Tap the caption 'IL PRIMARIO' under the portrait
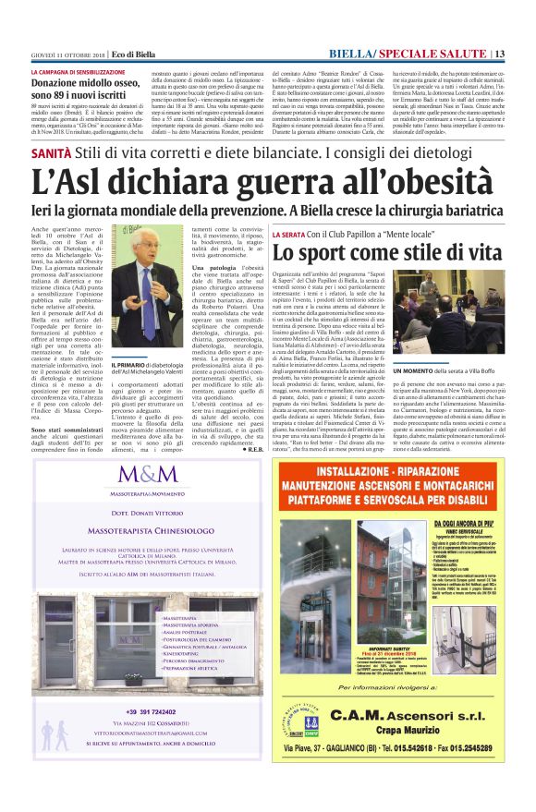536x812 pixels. tap(128, 365)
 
